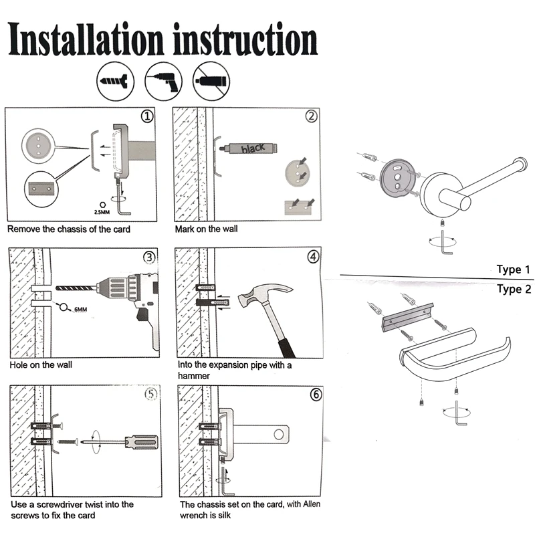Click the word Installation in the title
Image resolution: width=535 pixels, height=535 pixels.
pyautogui.click(x=86, y=39)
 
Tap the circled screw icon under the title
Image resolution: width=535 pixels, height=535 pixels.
pyautogui.click(x=115, y=82)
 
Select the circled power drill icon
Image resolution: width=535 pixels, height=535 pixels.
pyautogui.click(x=163, y=82)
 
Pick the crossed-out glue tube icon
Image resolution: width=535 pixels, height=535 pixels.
pyautogui.click(x=211, y=82)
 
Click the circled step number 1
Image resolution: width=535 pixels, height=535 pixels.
pyautogui.click(x=147, y=116)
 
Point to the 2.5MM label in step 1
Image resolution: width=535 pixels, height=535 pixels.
pyautogui.click(x=102, y=212)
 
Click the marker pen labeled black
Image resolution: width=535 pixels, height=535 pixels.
pyautogui.click(x=248, y=148)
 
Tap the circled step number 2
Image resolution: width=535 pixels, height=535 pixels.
pyautogui.click(x=311, y=116)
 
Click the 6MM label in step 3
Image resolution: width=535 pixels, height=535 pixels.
pyautogui.click(x=80, y=310)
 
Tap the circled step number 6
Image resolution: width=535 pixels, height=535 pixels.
pyautogui.click(x=316, y=395)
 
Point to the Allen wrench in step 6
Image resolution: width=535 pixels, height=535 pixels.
pyautogui.click(x=225, y=481)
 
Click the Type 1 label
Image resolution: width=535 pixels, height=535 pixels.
pyautogui.click(x=514, y=270)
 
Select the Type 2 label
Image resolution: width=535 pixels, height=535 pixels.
pyautogui.click(x=514, y=289)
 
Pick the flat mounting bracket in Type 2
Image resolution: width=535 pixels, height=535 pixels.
pyautogui.click(x=407, y=318)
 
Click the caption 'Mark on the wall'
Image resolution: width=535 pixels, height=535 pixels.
pyautogui.click(x=206, y=229)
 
